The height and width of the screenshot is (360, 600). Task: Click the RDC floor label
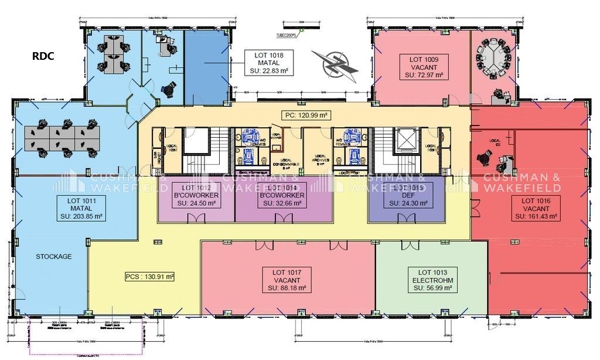(x=42, y=56)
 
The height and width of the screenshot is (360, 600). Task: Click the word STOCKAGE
(x=53, y=256)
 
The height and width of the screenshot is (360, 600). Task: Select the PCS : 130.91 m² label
(x=150, y=276)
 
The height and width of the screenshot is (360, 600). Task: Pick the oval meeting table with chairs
(x=493, y=56)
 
